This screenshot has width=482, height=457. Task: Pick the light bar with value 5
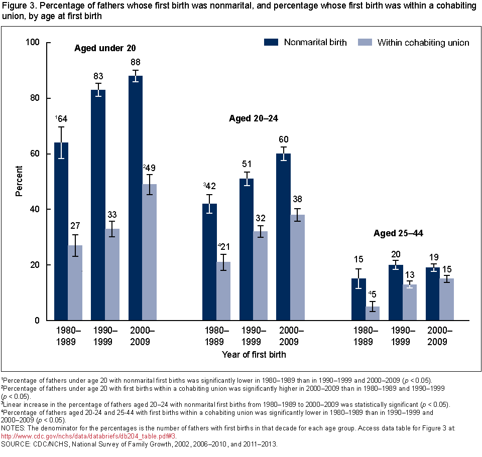pos(373,314)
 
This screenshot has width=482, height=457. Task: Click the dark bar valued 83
pos(98,205)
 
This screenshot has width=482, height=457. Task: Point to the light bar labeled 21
pos(223,291)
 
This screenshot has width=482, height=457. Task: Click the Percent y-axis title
pos(19,181)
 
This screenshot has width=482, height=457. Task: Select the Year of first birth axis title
pos(254,355)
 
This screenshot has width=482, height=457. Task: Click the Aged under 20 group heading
pos(105,48)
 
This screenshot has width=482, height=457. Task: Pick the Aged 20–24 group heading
pos(254,119)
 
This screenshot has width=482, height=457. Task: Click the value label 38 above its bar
pos(298,199)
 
